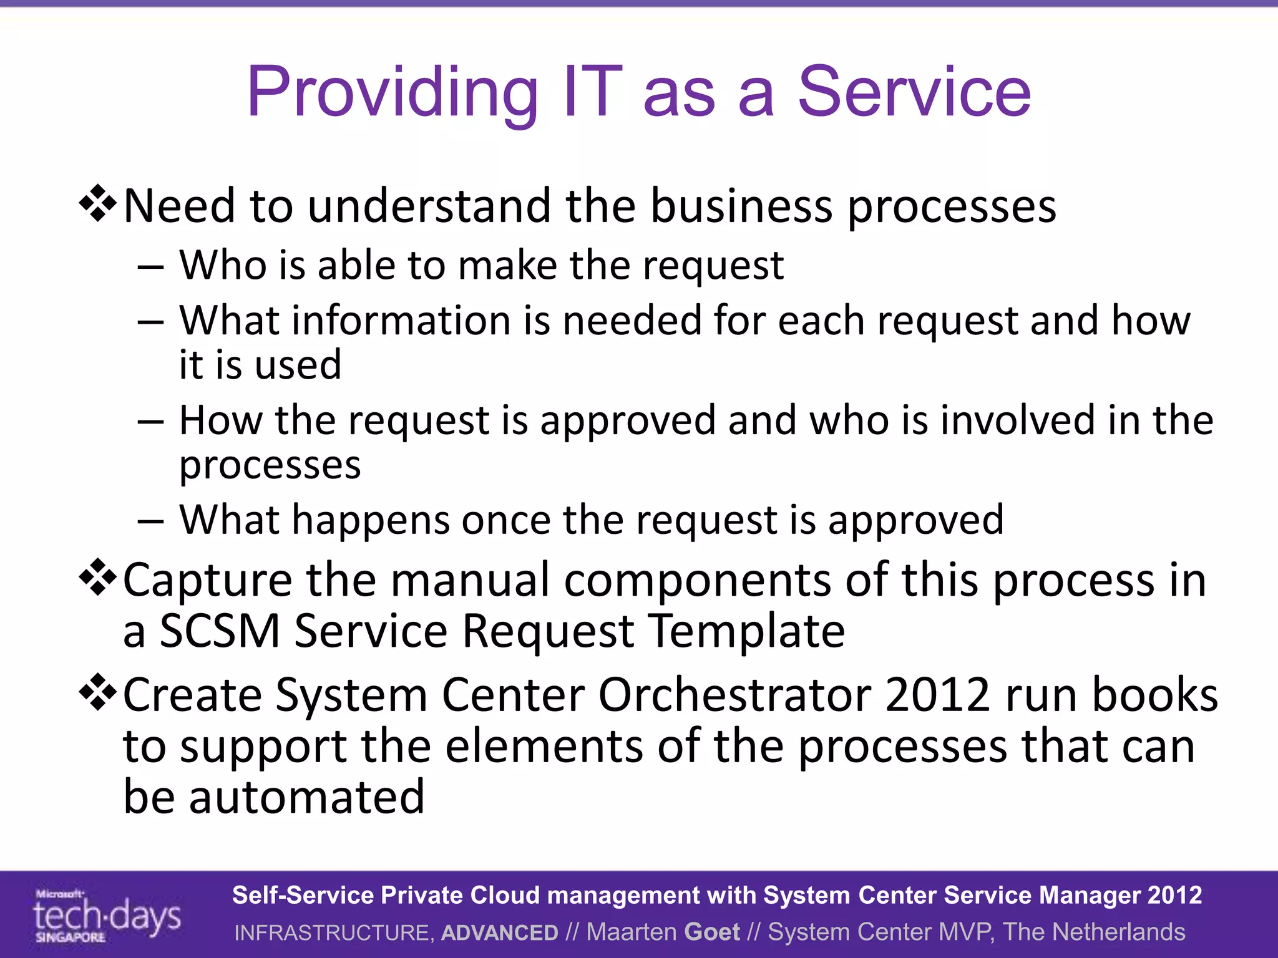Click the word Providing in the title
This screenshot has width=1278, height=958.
[392, 94]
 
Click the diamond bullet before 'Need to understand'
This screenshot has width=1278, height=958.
[98, 204]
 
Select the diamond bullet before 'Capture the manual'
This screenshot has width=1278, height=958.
[98, 578]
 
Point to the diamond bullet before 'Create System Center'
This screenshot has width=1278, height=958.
[98, 692]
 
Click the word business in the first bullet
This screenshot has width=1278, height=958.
[741, 206]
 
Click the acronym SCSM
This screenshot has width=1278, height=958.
[220, 631]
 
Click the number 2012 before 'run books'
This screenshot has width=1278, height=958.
[937, 695]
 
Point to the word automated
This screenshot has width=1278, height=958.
[306, 798]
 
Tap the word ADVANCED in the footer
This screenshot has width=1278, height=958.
[499, 932]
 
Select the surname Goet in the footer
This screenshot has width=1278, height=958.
[711, 932]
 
